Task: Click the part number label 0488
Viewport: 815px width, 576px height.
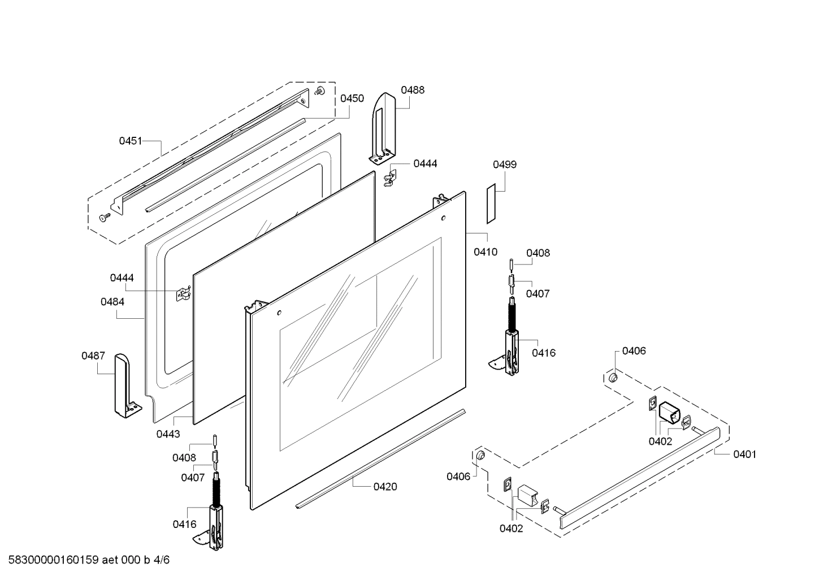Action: tap(413, 90)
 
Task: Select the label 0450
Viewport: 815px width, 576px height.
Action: tap(352, 98)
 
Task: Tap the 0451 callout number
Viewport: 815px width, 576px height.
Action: tap(131, 141)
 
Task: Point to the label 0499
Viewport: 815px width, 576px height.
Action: tap(505, 164)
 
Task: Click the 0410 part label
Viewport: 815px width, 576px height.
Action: tap(485, 252)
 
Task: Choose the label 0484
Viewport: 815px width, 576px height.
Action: tap(112, 302)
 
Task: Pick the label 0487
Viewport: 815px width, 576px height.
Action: tap(93, 356)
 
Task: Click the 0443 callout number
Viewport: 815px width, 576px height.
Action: tap(168, 434)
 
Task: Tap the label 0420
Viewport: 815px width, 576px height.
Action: tap(385, 487)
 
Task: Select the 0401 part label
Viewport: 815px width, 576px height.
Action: tap(745, 454)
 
